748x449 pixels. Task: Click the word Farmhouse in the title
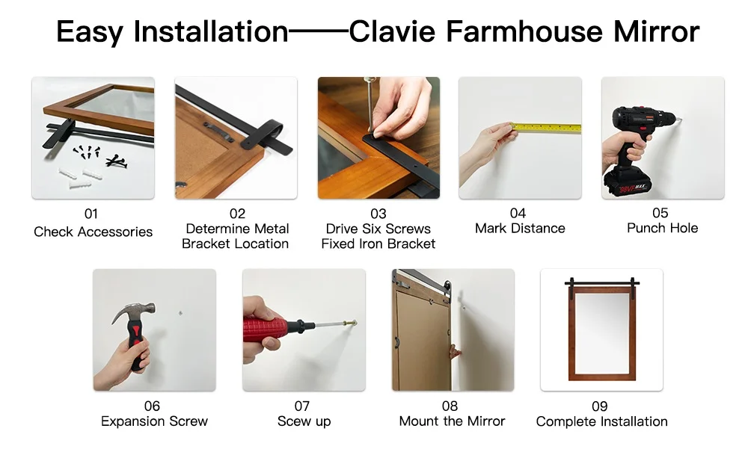525,31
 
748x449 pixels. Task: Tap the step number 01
91,214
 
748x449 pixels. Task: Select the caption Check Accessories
93,232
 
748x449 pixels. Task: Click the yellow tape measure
547,127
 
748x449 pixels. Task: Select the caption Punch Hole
662,228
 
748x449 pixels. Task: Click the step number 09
600,406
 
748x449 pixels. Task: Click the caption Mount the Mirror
452,421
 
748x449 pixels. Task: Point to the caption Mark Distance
520,229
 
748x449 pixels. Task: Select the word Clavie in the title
392,31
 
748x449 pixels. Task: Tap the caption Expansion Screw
154,421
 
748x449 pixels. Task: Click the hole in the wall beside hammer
180,313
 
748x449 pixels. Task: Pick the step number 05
660,213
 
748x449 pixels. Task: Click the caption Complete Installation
601,421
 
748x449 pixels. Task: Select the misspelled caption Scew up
304,421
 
